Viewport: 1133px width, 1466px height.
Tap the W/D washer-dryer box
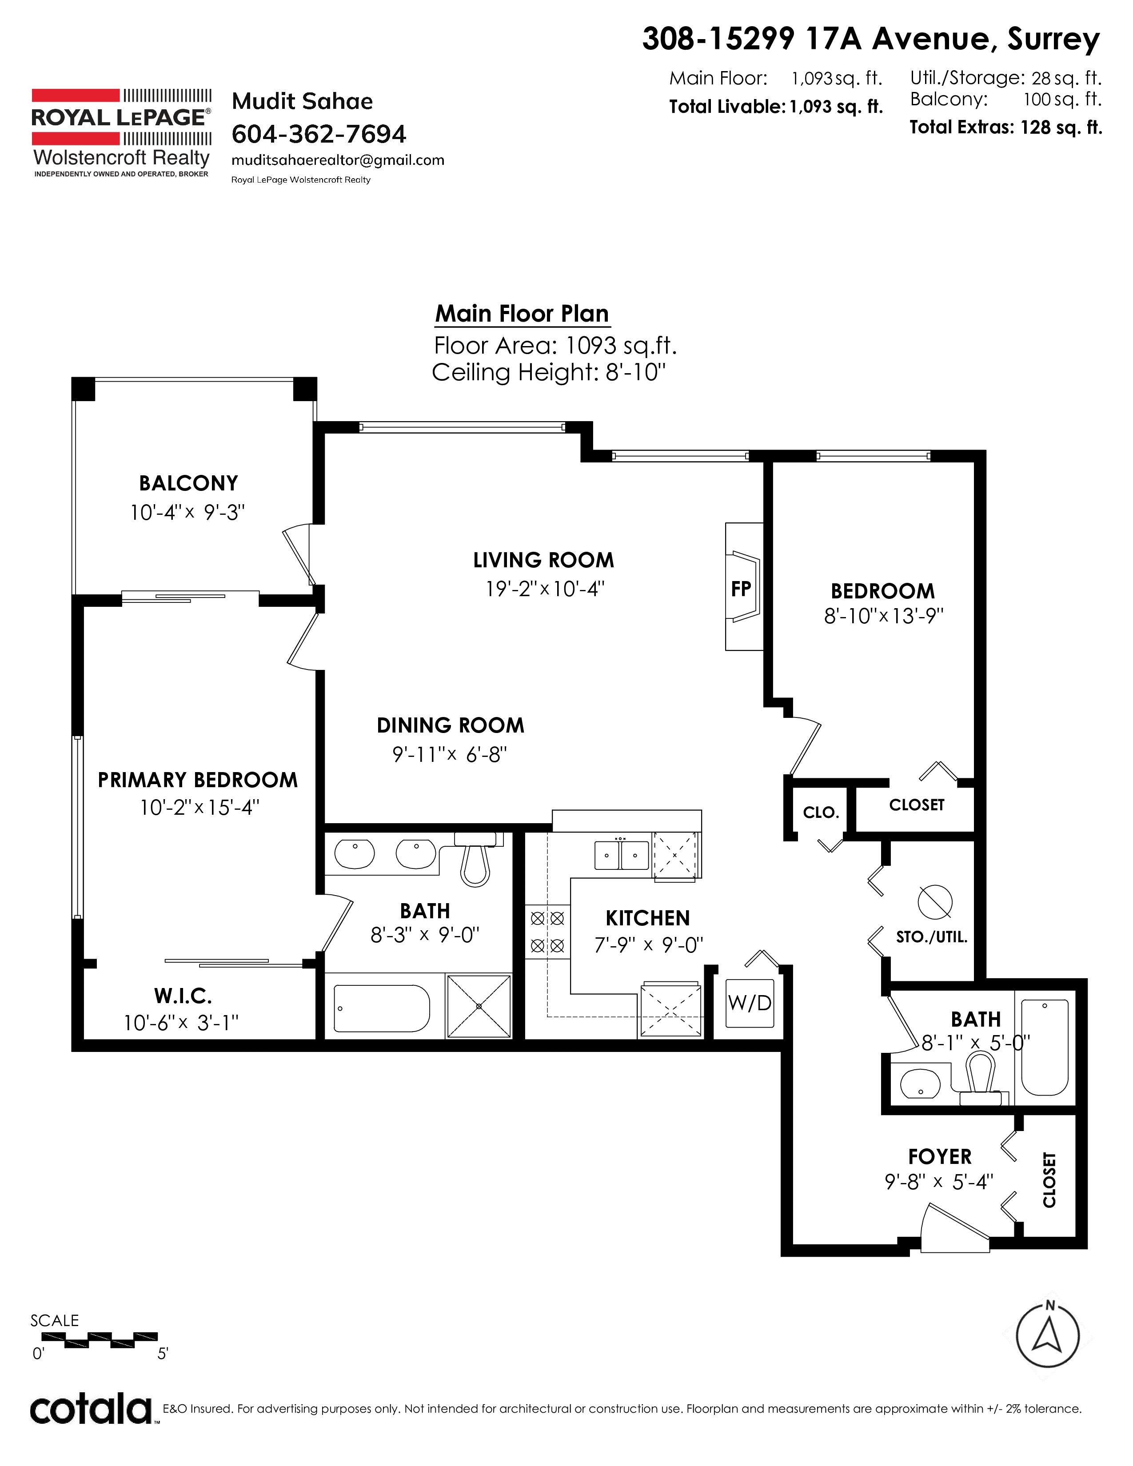(750, 1003)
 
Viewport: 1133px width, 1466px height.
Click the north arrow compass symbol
(1047, 1336)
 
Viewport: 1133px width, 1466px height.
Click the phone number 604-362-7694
(319, 134)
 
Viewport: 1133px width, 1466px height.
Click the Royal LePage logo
(121, 133)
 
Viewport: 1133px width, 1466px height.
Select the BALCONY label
(188, 483)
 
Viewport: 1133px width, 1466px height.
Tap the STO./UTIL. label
(932, 937)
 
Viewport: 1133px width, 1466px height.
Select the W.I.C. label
(183, 996)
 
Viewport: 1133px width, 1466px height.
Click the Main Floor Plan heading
(522, 314)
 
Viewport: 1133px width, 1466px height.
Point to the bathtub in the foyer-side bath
(1045, 1048)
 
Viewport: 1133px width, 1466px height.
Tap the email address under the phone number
(338, 160)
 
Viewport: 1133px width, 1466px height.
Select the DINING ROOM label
(451, 725)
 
